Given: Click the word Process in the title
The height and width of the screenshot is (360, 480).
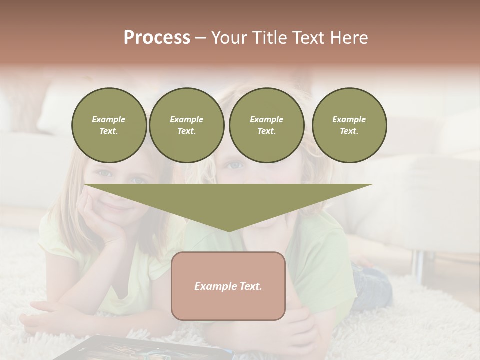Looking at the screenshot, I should (157, 38).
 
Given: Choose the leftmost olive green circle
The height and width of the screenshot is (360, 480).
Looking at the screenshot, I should (109, 125).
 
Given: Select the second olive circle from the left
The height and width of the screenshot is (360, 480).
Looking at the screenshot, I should (187, 125).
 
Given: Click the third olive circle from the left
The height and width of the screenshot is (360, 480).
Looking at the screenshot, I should (267, 125).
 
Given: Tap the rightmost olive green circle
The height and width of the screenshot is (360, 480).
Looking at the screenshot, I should (349, 125).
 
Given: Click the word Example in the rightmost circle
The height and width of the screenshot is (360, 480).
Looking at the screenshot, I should (349, 119).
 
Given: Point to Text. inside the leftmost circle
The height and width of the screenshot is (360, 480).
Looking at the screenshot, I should (109, 131).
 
